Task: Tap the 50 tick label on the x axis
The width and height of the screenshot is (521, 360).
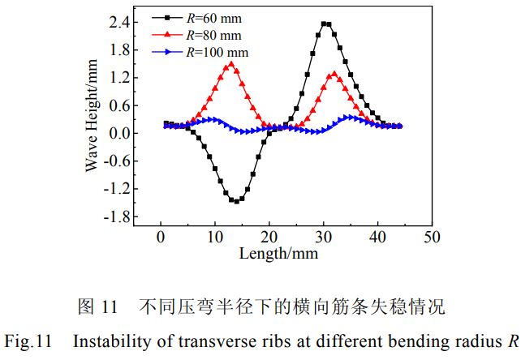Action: [x=432, y=237]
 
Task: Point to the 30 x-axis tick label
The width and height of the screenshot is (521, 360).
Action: [x=324, y=237]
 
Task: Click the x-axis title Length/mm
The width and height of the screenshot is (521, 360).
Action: [x=279, y=253]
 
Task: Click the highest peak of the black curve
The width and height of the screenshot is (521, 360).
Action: [x=325, y=24]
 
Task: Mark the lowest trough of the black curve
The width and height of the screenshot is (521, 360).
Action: [x=235, y=200]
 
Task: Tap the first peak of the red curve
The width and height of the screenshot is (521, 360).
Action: [x=231, y=64]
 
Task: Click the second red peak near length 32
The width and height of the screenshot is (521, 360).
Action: [x=334, y=74]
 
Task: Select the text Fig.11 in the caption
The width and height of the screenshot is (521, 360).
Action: [x=30, y=341]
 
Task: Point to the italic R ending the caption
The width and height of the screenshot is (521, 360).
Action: [x=512, y=341]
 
